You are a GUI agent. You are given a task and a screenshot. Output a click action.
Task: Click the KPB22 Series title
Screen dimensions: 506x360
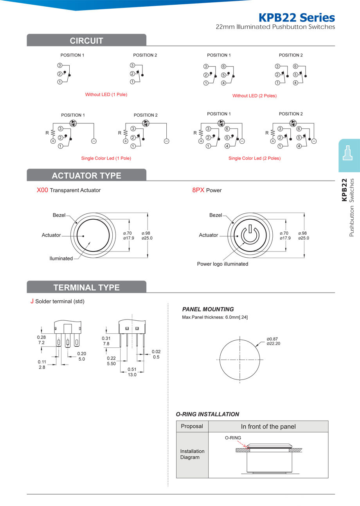[x=297, y=18]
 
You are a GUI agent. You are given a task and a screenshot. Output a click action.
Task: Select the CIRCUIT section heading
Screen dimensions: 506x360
[x=86, y=41]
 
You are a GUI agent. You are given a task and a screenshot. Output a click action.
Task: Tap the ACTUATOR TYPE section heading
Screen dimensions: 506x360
[x=86, y=175]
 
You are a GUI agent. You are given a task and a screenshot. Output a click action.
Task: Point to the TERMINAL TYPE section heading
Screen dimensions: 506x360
[x=86, y=287]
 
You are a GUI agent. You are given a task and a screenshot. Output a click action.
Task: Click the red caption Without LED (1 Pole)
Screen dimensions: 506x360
[x=106, y=94]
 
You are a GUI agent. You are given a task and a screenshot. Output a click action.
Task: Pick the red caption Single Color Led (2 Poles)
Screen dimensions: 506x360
[x=254, y=158]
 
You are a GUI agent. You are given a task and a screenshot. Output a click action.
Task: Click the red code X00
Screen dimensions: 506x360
[x=42, y=190]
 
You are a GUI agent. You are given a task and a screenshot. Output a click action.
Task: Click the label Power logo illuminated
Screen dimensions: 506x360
[x=222, y=264]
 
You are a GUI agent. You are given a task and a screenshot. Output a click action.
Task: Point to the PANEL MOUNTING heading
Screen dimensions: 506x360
[x=208, y=309]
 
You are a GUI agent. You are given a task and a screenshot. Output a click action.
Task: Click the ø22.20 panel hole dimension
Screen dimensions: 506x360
[x=274, y=343]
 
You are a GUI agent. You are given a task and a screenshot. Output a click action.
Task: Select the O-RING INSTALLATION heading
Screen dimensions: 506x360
[x=207, y=414]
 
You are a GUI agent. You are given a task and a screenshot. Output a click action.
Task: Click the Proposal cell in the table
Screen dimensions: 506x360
[x=192, y=426]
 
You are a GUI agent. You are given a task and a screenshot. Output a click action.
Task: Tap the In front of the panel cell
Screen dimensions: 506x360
[x=268, y=426]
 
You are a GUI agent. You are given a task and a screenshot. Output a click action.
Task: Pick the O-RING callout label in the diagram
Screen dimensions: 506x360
[x=233, y=438]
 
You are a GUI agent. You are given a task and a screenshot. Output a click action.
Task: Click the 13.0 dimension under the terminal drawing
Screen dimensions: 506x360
[x=132, y=375]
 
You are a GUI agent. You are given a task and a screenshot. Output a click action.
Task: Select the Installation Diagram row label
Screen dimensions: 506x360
[x=192, y=454]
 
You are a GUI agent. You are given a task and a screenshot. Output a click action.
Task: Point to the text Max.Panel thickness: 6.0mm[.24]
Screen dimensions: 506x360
[x=215, y=317]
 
